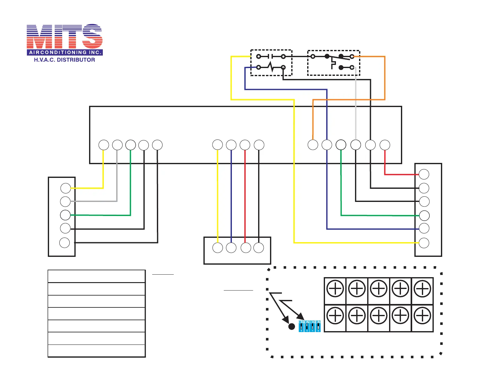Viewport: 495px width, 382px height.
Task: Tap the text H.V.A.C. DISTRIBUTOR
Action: click(x=64, y=60)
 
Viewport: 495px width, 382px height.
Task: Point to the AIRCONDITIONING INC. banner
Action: click(x=65, y=52)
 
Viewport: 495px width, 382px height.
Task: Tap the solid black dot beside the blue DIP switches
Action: click(x=292, y=326)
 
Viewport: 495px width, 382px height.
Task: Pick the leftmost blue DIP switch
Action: click(x=301, y=326)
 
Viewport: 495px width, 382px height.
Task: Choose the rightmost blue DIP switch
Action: click(x=318, y=326)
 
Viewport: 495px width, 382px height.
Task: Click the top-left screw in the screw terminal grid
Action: click(x=335, y=289)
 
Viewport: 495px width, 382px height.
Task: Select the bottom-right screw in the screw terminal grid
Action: click(x=422, y=316)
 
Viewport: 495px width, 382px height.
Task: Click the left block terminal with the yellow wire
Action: click(x=66, y=188)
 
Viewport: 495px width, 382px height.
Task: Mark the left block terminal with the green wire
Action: click(x=65, y=215)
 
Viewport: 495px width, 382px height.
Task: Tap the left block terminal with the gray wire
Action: click(x=65, y=202)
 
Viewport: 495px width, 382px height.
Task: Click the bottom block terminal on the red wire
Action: click(x=246, y=248)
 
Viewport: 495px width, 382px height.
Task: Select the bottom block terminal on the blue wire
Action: click(x=231, y=248)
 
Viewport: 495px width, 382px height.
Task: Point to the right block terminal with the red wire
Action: click(x=424, y=174)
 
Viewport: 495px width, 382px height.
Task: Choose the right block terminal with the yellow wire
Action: click(x=424, y=243)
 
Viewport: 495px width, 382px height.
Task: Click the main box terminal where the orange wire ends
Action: click(x=313, y=145)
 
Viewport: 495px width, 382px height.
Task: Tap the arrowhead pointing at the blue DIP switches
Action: click(x=301, y=317)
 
